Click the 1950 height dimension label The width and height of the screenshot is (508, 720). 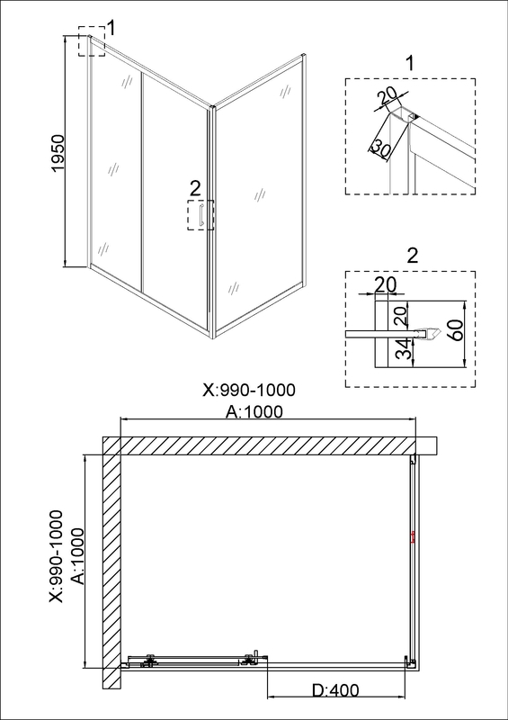click(58, 154)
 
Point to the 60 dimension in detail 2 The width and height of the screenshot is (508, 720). click(457, 328)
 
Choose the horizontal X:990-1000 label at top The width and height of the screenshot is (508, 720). click(249, 390)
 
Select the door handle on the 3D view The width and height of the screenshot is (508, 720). click(201, 215)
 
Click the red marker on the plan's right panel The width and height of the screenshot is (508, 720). click(413, 537)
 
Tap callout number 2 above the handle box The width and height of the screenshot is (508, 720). click(195, 188)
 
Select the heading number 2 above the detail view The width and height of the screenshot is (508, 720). click(413, 256)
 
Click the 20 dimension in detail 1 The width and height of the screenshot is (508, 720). click(386, 98)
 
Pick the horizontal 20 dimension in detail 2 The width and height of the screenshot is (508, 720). click(386, 284)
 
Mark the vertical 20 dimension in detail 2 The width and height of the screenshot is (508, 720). click(399, 317)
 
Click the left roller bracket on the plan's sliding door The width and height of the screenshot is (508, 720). click(148, 661)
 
